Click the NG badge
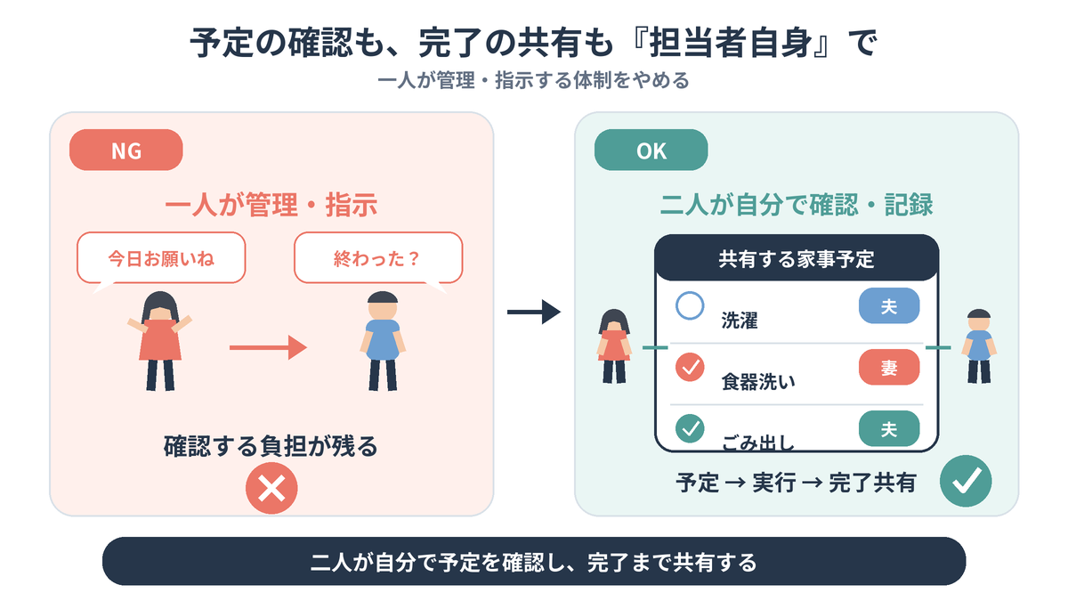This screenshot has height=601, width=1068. [125, 150]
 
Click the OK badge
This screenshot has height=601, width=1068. [651, 150]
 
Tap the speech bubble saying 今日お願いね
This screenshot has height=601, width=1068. [161, 258]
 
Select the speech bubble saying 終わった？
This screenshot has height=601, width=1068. [378, 258]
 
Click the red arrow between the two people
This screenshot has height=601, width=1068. [268, 347]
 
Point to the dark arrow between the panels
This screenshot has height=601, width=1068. [533, 312]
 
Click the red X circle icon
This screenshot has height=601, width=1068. [271, 488]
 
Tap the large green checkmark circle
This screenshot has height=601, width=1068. [966, 481]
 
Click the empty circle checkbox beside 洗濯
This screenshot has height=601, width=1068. [690, 305]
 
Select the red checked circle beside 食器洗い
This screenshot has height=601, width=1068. [690, 367]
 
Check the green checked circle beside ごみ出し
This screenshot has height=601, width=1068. [690, 428]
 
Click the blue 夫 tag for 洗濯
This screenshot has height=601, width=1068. [889, 305]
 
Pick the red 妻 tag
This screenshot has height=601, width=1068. [889, 367]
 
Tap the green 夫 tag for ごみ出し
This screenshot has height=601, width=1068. [889, 428]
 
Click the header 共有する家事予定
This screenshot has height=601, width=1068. [797, 258]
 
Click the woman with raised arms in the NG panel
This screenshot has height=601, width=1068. [159, 341]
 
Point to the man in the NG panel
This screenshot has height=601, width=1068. [383, 341]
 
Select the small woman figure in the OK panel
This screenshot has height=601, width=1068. [614, 346]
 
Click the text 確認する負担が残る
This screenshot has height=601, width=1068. [271, 446]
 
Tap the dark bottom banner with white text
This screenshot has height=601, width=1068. [534, 562]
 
